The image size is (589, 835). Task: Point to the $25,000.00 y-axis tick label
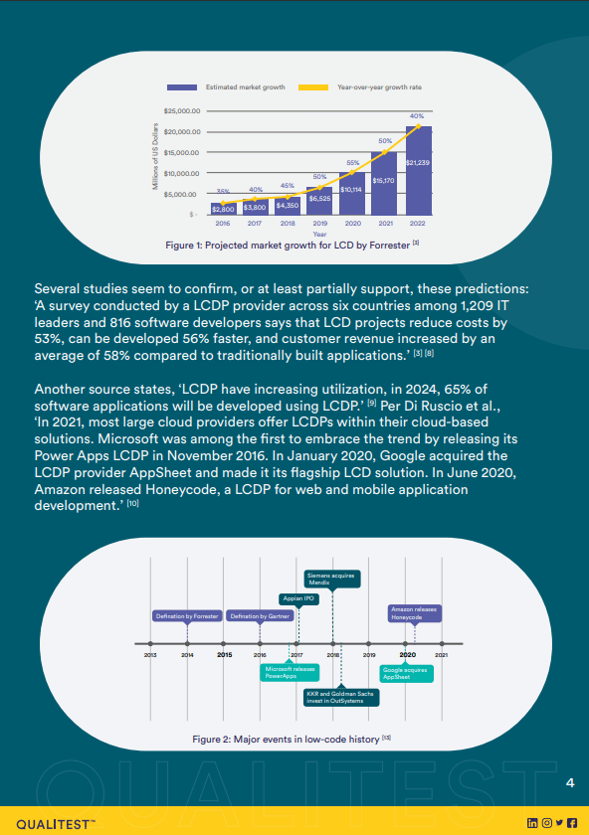tap(182, 111)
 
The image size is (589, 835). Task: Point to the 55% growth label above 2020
tap(352, 162)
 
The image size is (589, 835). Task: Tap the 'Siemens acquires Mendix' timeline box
tap(331, 579)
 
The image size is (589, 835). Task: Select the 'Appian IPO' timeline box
tap(295, 598)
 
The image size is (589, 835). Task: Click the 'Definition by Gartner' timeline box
tap(259, 616)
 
